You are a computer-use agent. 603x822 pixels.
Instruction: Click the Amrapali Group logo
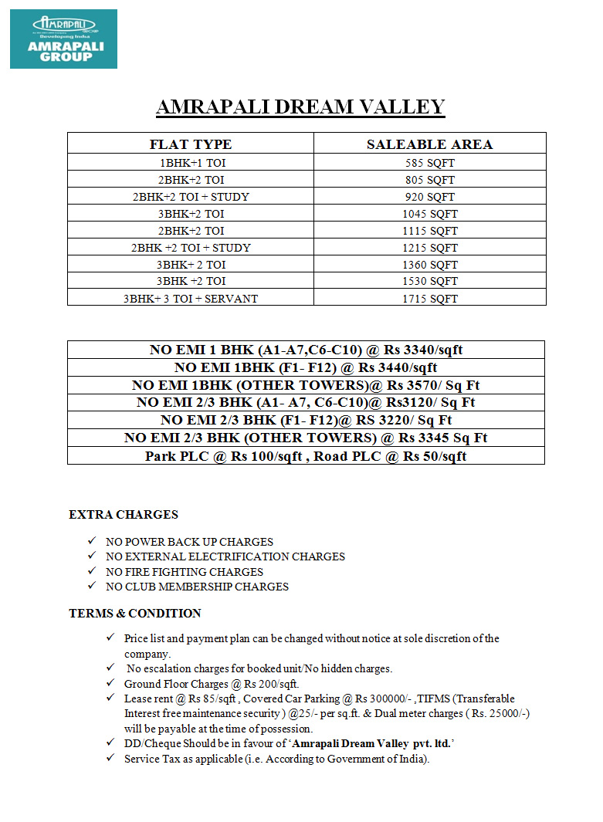click(x=63, y=39)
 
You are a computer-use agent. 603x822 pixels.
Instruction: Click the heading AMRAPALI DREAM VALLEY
click(x=300, y=107)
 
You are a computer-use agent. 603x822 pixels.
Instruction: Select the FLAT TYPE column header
click(x=190, y=144)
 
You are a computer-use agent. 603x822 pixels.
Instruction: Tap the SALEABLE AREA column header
click(x=429, y=144)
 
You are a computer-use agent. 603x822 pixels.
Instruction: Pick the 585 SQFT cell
click(x=429, y=163)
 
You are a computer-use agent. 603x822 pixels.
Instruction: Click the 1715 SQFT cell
click(x=429, y=298)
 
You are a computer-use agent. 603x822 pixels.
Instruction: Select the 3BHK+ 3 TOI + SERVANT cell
click(x=190, y=298)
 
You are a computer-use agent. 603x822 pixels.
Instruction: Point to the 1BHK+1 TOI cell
click(x=190, y=163)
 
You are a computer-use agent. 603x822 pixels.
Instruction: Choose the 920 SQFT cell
click(x=429, y=197)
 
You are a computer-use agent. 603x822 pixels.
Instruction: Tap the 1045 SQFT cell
click(x=429, y=214)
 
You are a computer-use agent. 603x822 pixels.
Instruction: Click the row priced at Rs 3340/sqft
click(x=306, y=350)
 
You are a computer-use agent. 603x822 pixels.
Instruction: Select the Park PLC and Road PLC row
click(x=306, y=455)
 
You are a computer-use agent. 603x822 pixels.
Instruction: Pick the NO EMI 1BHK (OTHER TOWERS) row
click(x=306, y=385)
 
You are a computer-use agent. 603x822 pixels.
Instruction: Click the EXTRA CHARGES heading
click(x=124, y=515)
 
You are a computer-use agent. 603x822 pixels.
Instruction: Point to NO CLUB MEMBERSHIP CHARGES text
click(x=197, y=587)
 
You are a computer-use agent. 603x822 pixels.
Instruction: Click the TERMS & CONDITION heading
click(x=135, y=614)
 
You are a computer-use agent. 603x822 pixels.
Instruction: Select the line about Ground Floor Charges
click(x=212, y=684)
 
